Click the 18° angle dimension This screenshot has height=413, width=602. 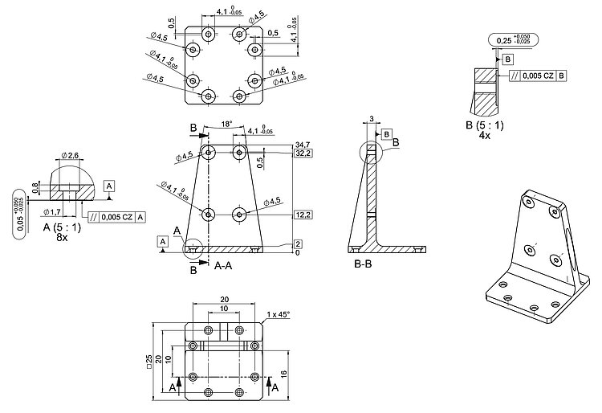click(226, 124)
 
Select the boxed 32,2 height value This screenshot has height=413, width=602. click(303, 152)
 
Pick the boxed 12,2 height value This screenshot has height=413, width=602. click(303, 215)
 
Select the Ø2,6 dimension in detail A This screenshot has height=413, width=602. click(69, 155)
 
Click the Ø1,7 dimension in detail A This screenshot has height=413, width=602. click(53, 211)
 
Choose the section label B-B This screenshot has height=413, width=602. click(367, 262)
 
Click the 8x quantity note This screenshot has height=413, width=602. click(62, 238)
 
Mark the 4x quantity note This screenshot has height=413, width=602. click(484, 136)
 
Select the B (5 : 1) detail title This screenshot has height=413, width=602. click(484, 125)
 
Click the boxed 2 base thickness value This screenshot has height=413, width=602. click(298, 243)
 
